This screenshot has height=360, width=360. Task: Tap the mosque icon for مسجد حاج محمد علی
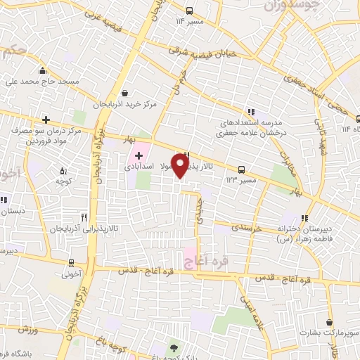click(x=43, y=70)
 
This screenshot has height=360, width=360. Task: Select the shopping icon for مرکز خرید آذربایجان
click(x=125, y=93)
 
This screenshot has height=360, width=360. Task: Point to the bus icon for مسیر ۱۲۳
click(x=242, y=169)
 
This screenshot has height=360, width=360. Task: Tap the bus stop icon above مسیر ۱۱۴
click(x=189, y=11)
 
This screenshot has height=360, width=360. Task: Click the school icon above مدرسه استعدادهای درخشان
click(x=251, y=112)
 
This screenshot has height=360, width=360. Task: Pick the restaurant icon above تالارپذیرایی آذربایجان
click(x=84, y=217)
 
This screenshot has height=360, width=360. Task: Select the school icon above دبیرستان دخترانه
click(x=304, y=217)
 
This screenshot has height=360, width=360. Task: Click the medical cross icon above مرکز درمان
click(x=46, y=120)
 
